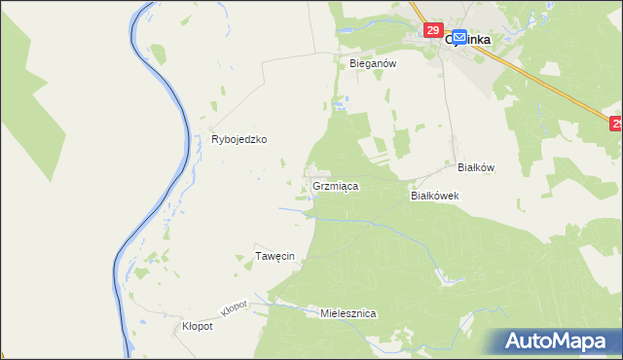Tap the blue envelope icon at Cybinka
point(458,35)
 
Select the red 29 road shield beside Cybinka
point(434,30)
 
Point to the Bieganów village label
point(370,62)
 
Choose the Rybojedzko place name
point(239,139)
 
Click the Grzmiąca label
point(336,185)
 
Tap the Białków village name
point(476,167)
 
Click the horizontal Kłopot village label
point(198,327)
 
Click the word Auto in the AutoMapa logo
point(532,342)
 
